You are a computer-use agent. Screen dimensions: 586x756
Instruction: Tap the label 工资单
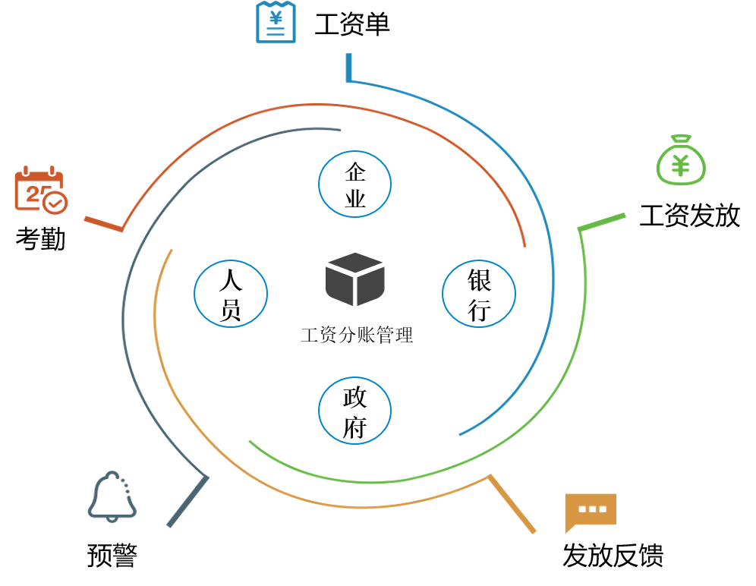(x=352, y=25)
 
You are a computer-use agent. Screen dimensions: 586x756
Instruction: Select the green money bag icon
(x=681, y=160)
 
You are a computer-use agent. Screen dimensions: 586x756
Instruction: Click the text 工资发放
(x=689, y=216)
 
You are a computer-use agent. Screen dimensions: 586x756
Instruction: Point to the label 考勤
(x=40, y=240)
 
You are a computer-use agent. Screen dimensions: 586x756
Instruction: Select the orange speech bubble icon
(x=590, y=512)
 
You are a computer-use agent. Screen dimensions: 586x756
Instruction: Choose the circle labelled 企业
(x=354, y=184)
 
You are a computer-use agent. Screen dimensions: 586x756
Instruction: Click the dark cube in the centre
(x=355, y=279)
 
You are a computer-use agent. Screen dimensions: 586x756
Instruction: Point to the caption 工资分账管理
(x=357, y=335)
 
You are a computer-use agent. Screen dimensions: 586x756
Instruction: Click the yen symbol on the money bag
(x=681, y=165)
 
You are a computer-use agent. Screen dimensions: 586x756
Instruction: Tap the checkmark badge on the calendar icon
(x=55, y=203)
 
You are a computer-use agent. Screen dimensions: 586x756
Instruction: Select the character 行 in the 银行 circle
(x=479, y=310)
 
